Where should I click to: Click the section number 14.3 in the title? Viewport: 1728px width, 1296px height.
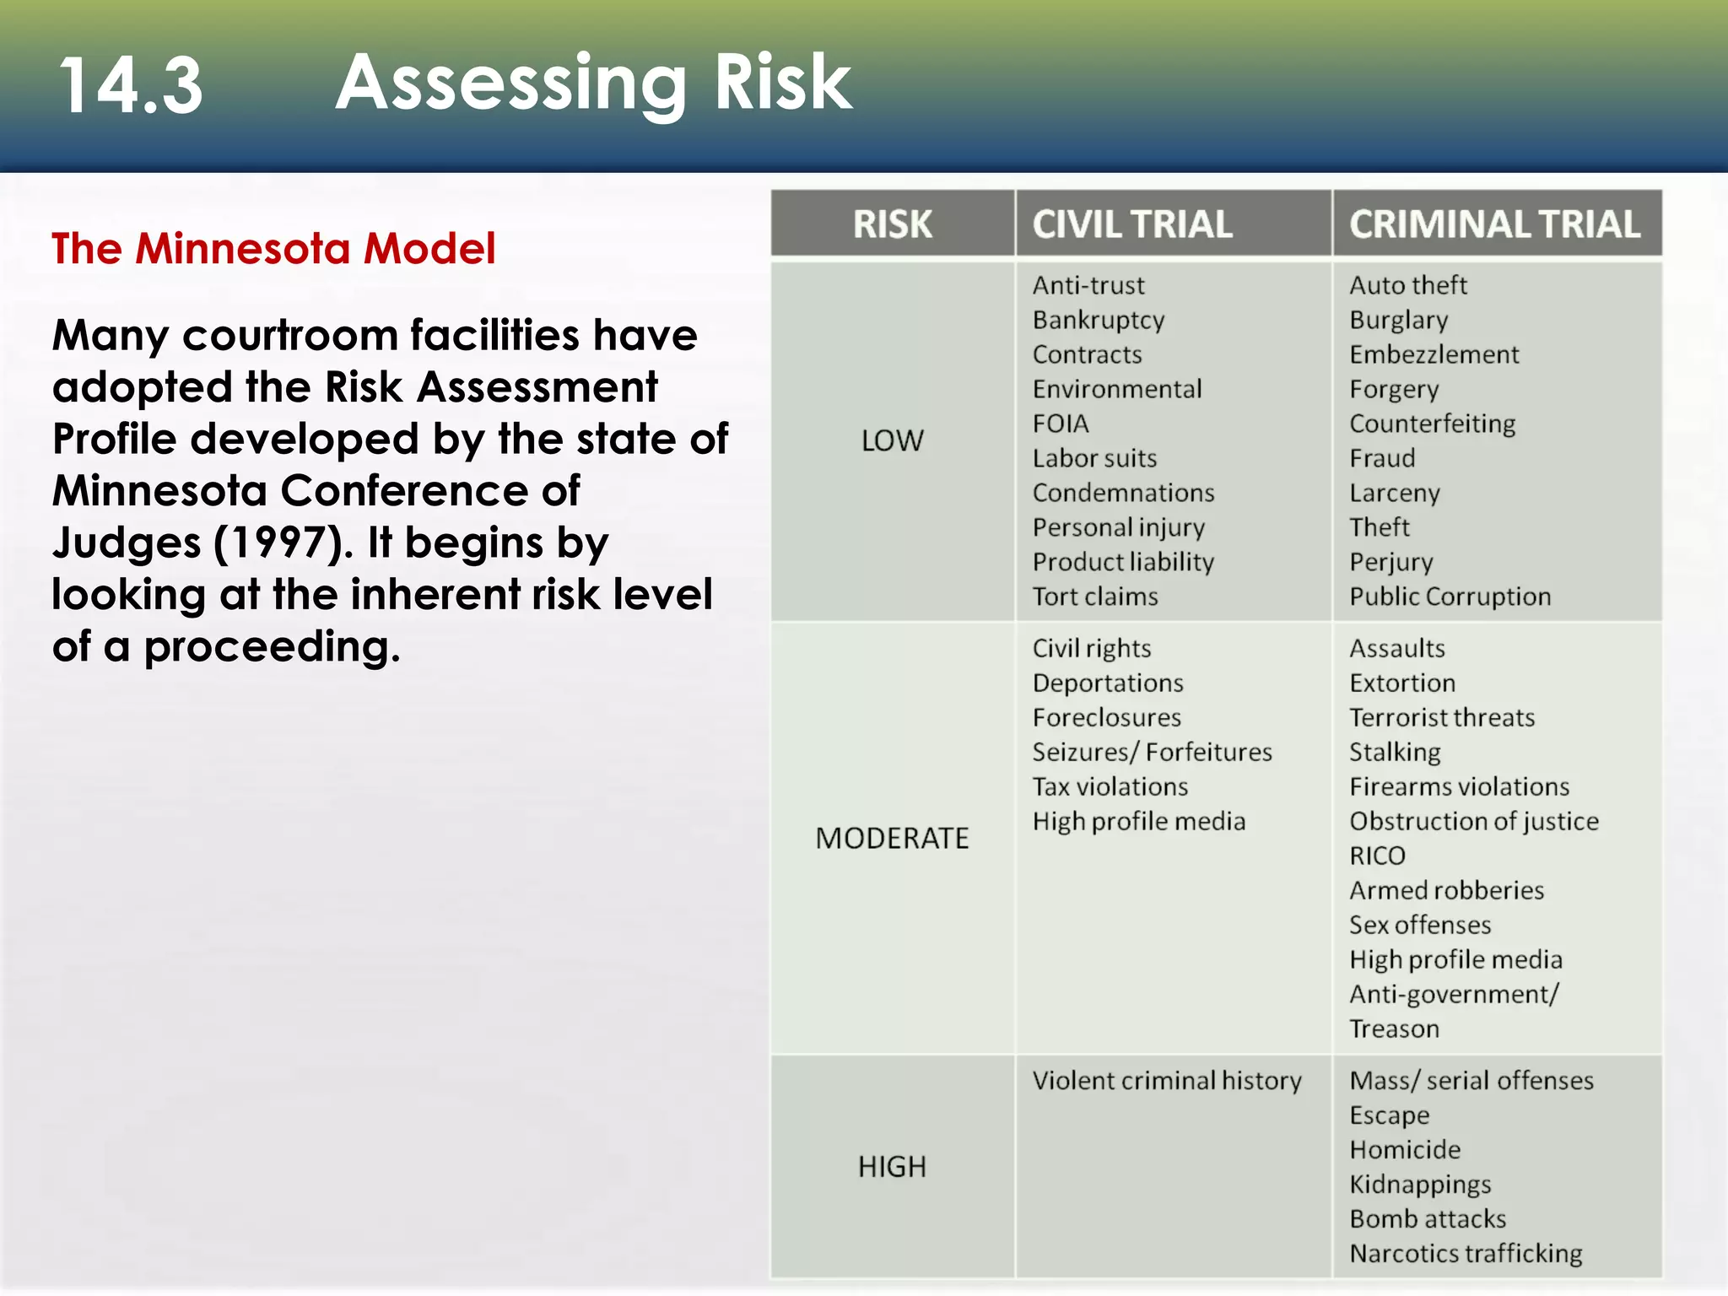coord(131,85)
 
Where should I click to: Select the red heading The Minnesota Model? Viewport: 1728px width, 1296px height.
coord(273,248)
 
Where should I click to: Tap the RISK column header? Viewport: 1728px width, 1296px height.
coord(892,224)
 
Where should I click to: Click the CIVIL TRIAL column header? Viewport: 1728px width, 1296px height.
coord(1131,224)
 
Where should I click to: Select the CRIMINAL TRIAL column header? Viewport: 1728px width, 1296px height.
coord(1494,224)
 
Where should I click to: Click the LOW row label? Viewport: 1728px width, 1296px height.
coord(892,440)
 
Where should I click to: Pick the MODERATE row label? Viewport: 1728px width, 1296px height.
coord(892,838)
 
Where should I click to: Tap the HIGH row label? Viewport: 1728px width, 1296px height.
coord(892,1167)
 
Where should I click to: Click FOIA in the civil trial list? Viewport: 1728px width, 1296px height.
coord(1061,424)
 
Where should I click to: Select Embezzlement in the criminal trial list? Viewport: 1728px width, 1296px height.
coord(1434,354)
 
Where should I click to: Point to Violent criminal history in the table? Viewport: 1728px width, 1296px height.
coord(1166,1081)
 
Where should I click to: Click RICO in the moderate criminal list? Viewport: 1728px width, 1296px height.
coord(1377,856)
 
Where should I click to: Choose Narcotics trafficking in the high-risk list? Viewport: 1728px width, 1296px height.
coord(1466,1254)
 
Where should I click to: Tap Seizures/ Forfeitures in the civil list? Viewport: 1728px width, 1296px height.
coord(1152,752)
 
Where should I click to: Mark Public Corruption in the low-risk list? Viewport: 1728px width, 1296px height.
coord(1450,597)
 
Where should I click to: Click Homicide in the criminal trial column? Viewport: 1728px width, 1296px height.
coord(1405,1150)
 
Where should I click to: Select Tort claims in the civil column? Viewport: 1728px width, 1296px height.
coord(1095,597)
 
